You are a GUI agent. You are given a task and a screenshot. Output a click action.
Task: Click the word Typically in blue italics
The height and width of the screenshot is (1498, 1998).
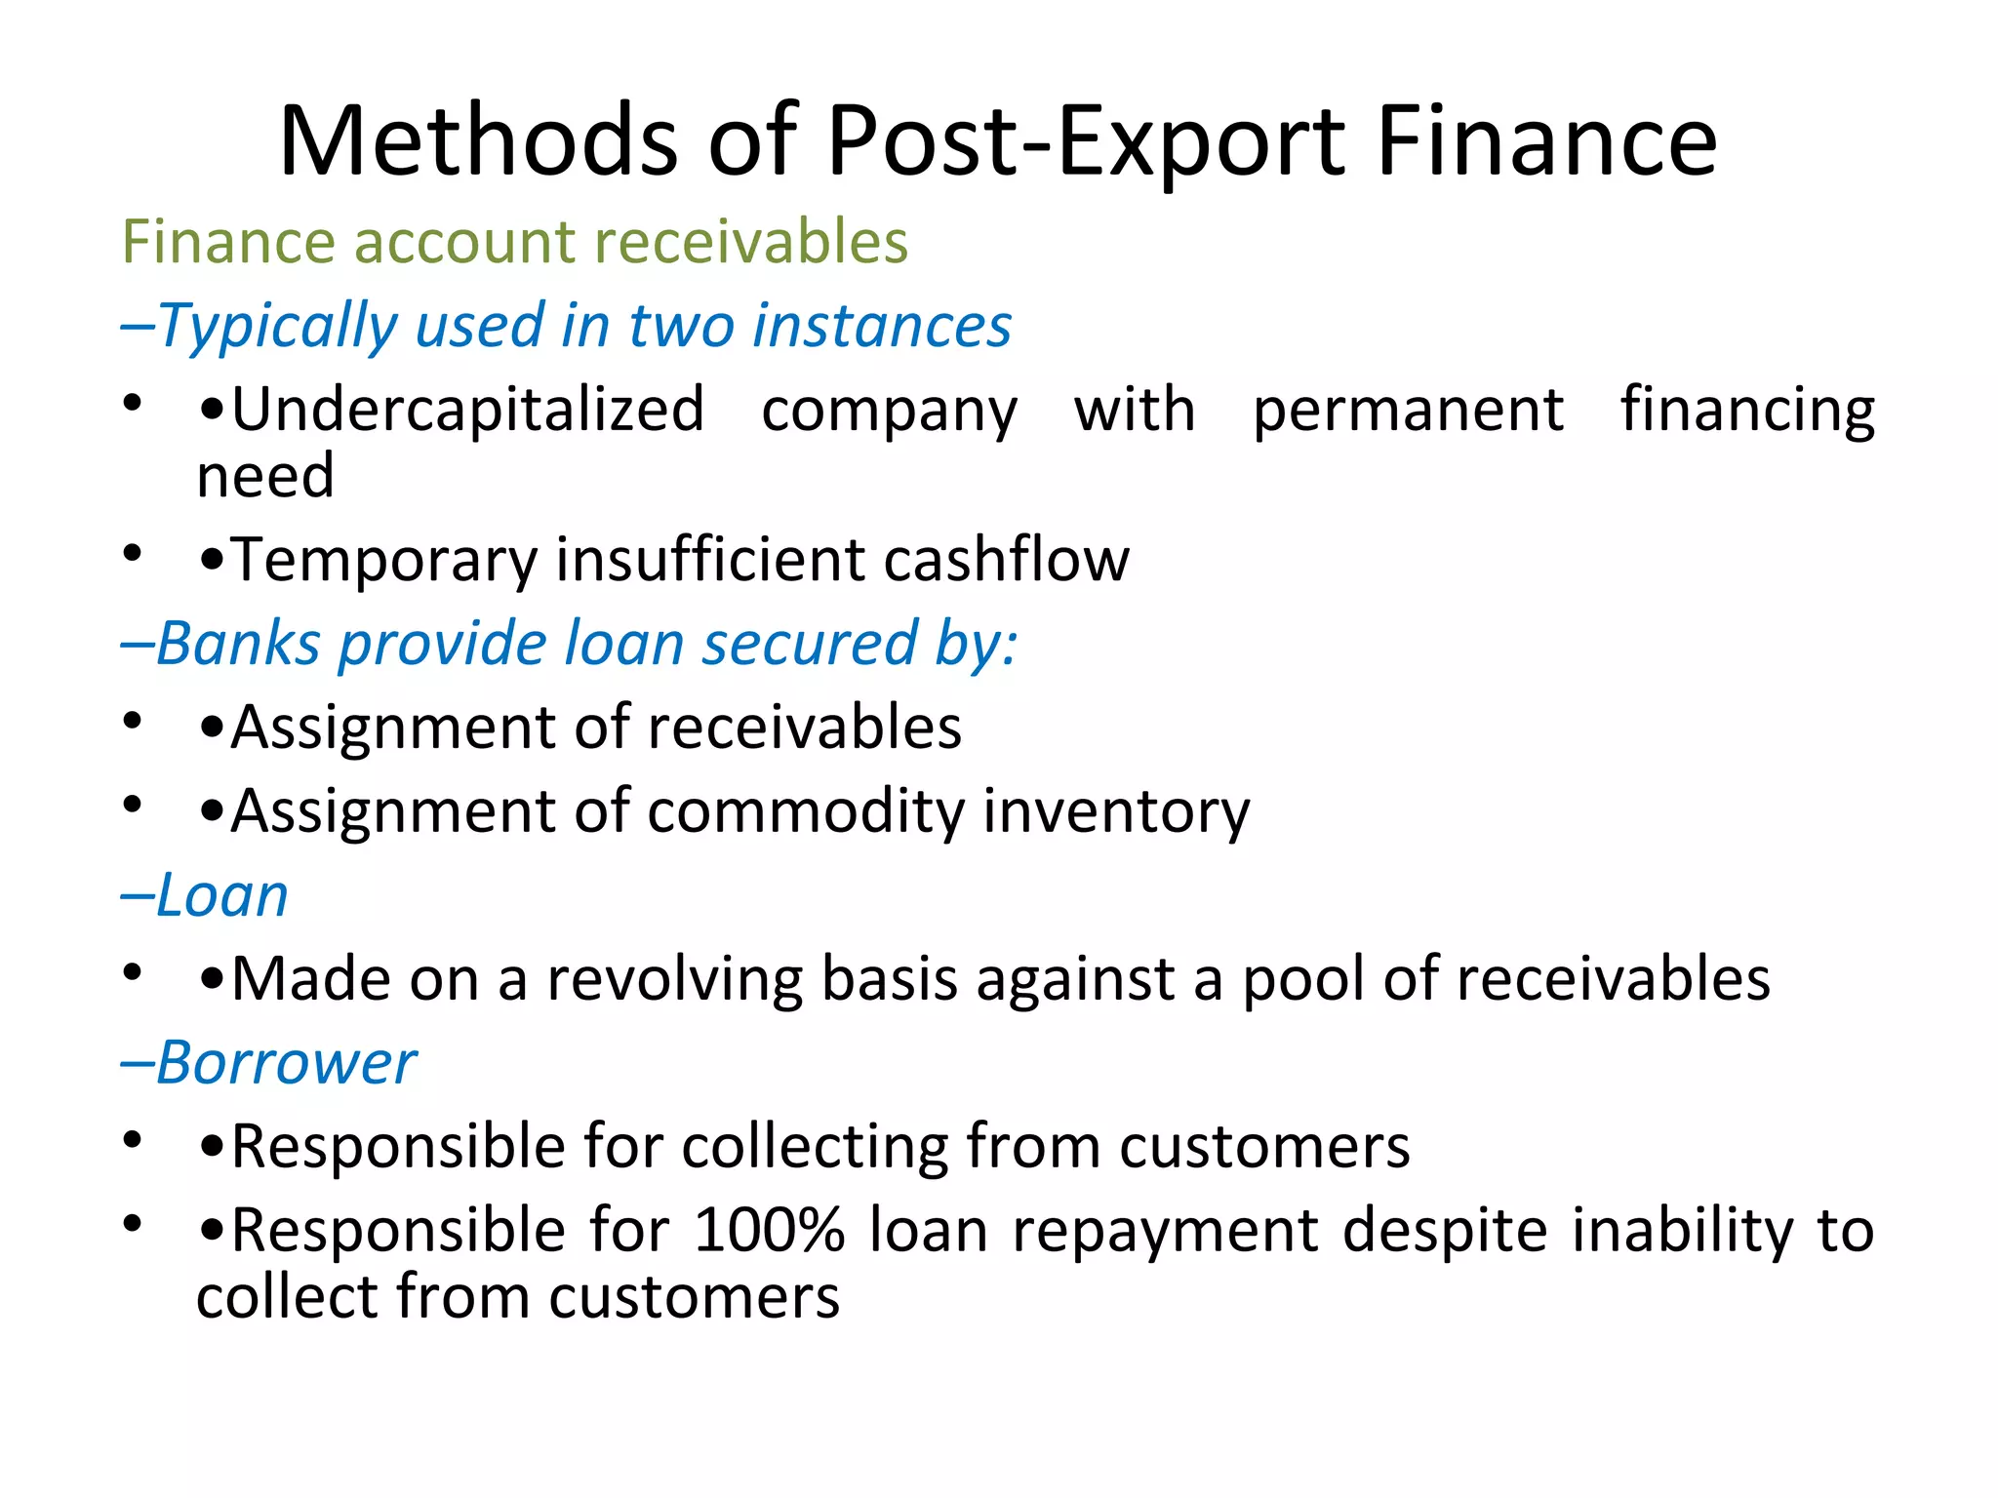point(278,326)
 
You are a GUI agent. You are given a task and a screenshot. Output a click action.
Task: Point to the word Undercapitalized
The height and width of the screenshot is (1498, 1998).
point(467,410)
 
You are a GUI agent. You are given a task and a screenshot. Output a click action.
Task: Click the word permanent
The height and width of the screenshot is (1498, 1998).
point(1408,410)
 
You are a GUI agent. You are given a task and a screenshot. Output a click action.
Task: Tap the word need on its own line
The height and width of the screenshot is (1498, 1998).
point(265,477)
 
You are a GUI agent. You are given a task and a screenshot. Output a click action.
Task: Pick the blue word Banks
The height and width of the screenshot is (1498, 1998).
point(238,644)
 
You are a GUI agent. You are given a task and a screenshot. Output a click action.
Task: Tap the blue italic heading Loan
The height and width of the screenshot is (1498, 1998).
point(222,895)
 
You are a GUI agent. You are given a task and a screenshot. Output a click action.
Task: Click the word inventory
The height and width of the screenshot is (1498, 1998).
point(1116,811)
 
